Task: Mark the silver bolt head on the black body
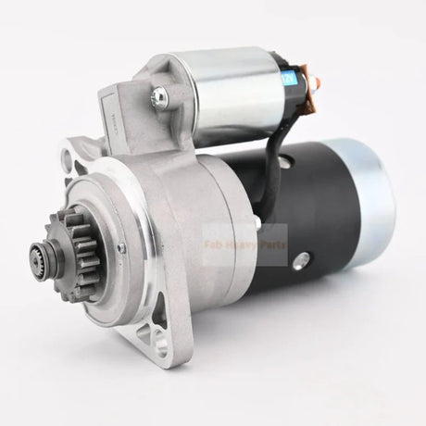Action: (298, 264)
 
